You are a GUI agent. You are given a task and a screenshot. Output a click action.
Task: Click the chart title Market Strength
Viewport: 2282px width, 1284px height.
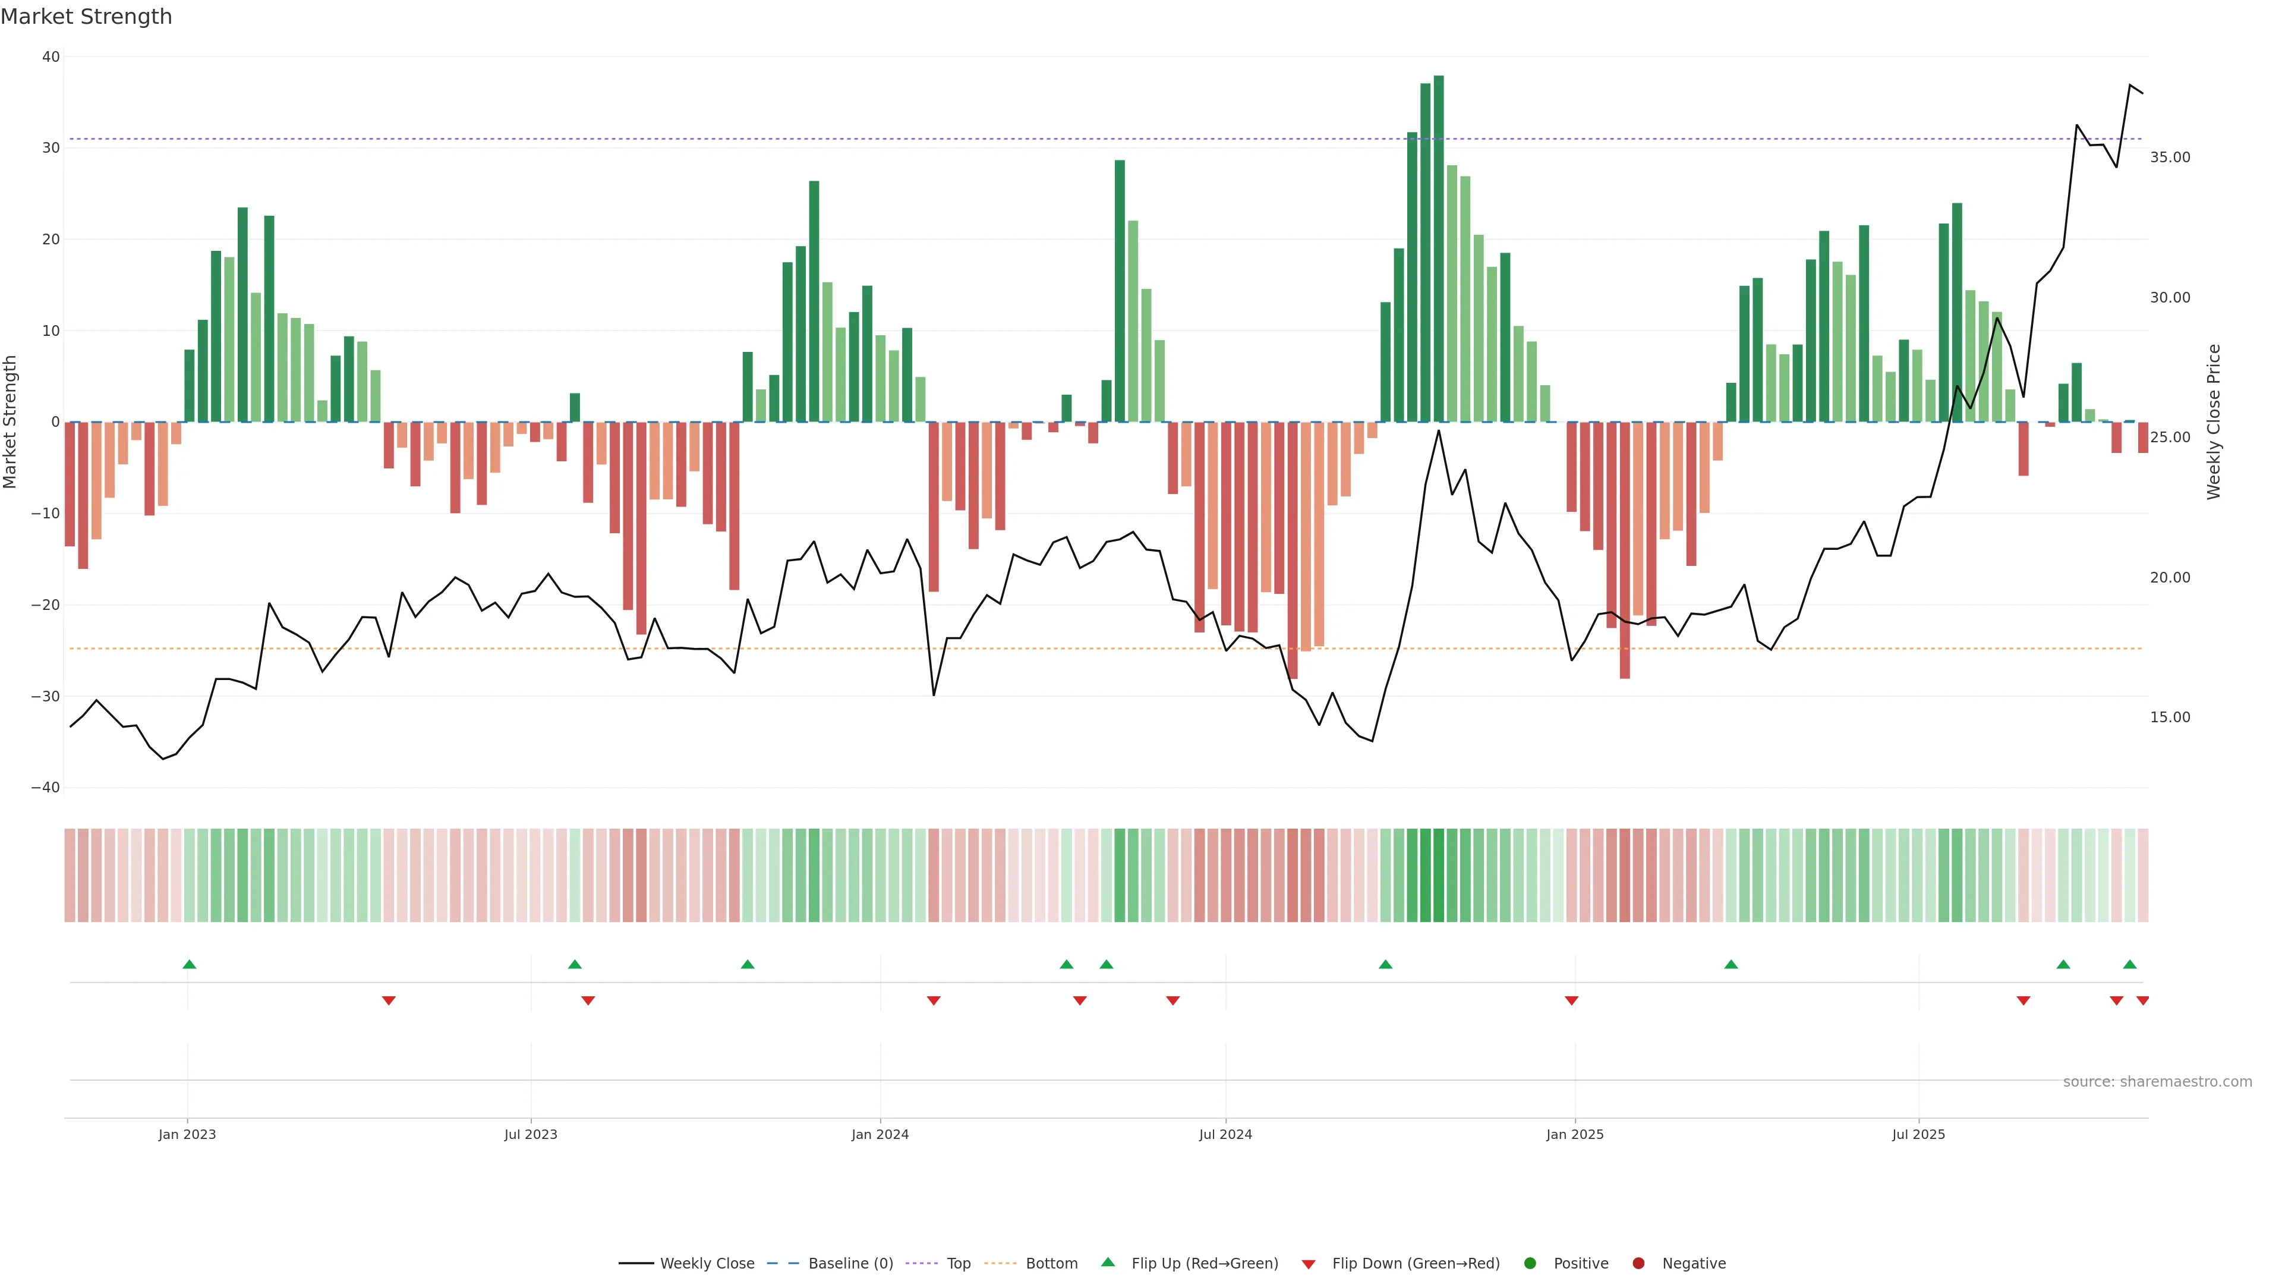pyautogui.click(x=86, y=17)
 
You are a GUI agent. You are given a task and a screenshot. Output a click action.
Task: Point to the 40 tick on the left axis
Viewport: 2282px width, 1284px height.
pyautogui.click(x=51, y=56)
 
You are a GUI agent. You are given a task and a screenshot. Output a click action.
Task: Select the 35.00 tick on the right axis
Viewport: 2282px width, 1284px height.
pyautogui.click(x=2170, y=158)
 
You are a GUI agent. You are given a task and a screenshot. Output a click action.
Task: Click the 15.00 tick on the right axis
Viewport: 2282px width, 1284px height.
pyautogui.click(x=2170, y=717)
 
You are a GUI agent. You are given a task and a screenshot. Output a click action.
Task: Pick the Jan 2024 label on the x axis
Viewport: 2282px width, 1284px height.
pyautogui.click(x=880, y=1134)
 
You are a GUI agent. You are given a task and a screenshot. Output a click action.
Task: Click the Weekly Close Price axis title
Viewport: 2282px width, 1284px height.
pyautogui.click(x=2214, y=422)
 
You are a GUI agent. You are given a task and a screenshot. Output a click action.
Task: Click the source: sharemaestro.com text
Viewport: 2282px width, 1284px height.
pyautogui.click(x=2157, y=1082)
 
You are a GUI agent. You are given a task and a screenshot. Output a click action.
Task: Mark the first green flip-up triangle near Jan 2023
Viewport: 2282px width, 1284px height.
pyautogui.click(x=190, y=964)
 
